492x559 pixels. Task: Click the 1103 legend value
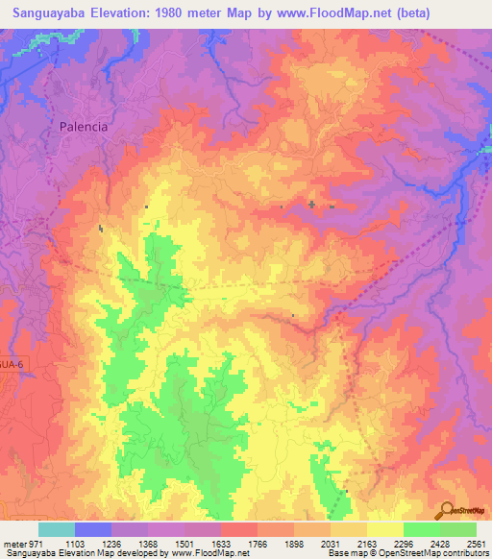pyautogui.click(x=87, y=544)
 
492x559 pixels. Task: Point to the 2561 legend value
pyautogui.click(x=477, y=544)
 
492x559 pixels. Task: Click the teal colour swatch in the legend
pyautogui.click(x=56, y=529)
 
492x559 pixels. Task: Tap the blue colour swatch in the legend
pyautogui.click(x=93, y=529)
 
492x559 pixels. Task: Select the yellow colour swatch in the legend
pyautogui.click(x=384, y=529)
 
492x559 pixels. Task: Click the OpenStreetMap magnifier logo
pyautogui.click(x=446, y=510)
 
